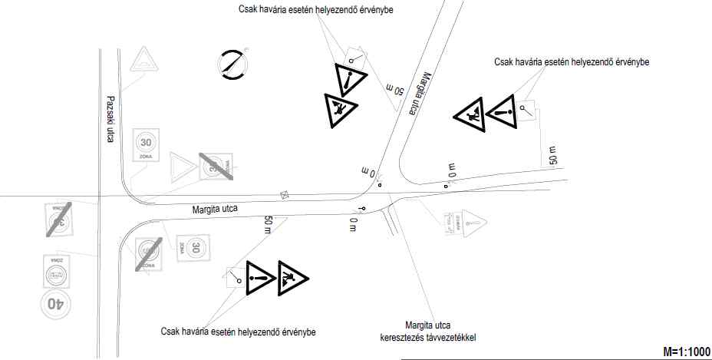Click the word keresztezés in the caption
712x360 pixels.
click(x=405, y=337)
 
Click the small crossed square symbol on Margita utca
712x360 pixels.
click(x=285, y=195)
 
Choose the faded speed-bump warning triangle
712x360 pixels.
click(x=143, y=60)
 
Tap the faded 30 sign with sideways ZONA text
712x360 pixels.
click(x=195, y=248)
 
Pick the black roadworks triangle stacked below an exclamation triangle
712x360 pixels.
click(x=338, y=111)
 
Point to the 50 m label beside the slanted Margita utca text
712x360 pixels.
click(x=394, y=88)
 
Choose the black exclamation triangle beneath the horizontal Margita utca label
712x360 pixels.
click(x=261, y=278)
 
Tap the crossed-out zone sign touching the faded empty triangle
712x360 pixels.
click(x=216, y=166)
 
